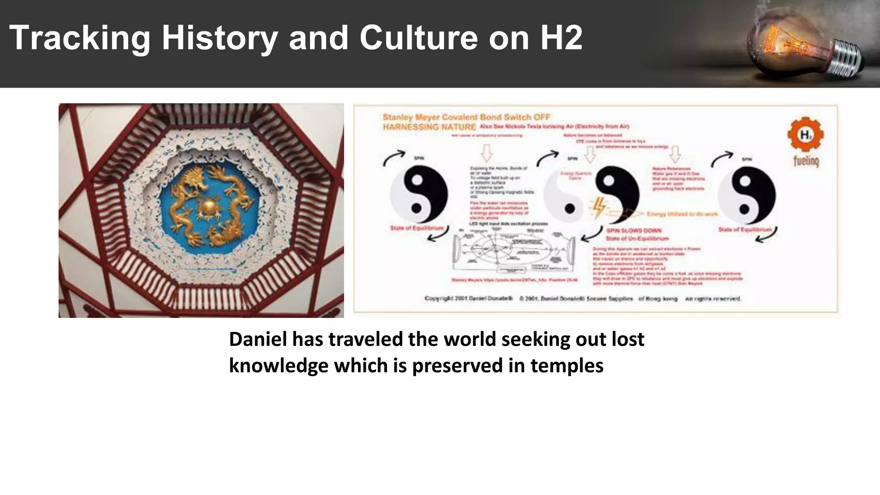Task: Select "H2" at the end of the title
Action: coord(561,38)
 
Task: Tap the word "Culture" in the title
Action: coord(419,38)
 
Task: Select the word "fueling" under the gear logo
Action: coord(806,161)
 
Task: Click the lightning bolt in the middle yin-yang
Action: coord(599,208)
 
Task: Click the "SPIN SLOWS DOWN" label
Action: coord(634,231)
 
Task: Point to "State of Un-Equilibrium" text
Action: coord(637,238)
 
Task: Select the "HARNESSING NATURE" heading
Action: coord(429,127)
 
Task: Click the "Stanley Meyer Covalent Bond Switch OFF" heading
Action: coord(466,117)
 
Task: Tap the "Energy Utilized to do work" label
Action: coord(682,214)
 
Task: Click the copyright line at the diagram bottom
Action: coord(582,298)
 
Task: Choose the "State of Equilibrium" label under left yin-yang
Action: coord(416,228)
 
